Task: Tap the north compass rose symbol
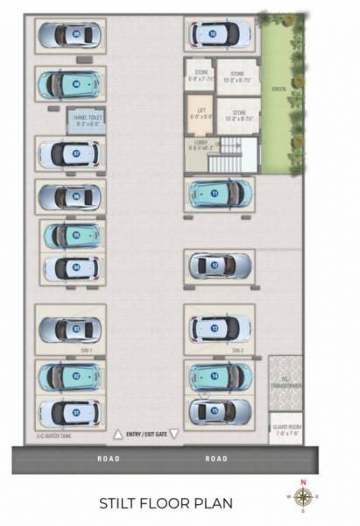click(x=302, y=497)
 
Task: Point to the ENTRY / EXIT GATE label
click(x=145, y=433)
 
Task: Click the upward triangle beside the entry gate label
click(x=117, y=433)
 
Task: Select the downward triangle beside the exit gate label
click(x=173, y=433)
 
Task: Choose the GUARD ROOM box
click(x=286, y=427)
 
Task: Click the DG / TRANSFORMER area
click(x=286, y=382)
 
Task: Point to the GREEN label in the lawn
click(x=278, y=89)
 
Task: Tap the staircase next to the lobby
click(x=235, y=154)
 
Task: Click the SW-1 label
click(x=86, y=350)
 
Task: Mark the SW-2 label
click(x=236, y=350)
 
